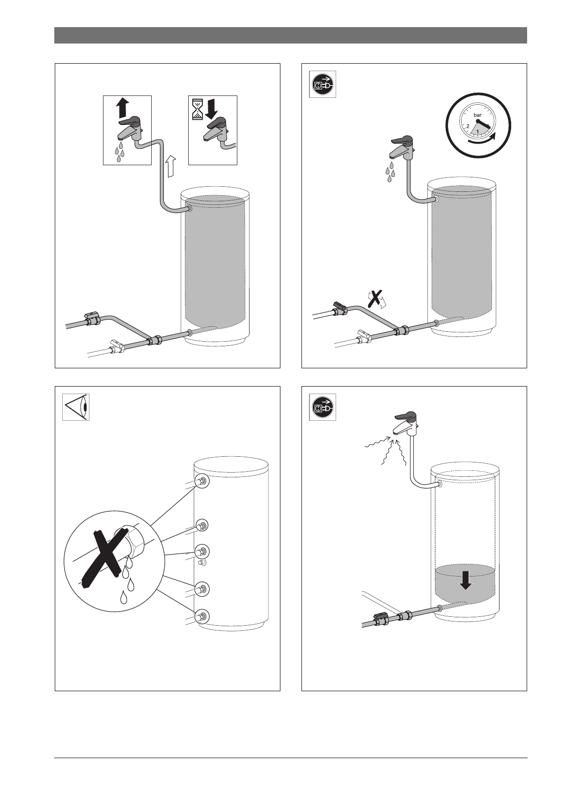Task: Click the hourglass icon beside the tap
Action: point(196,107)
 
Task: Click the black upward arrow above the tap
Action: point(122,107)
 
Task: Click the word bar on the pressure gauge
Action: point(477,115)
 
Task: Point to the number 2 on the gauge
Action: point(468,126)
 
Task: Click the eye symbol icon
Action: point(76,407)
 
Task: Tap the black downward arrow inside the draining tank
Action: point(465,580)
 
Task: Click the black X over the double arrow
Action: point(375,297)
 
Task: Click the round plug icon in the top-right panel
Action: point(323,84)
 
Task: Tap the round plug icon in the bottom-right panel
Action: point(323,407)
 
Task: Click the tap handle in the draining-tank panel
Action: point(405,416)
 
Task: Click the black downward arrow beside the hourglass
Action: point(211,108)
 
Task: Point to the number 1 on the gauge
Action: point(477,132)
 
